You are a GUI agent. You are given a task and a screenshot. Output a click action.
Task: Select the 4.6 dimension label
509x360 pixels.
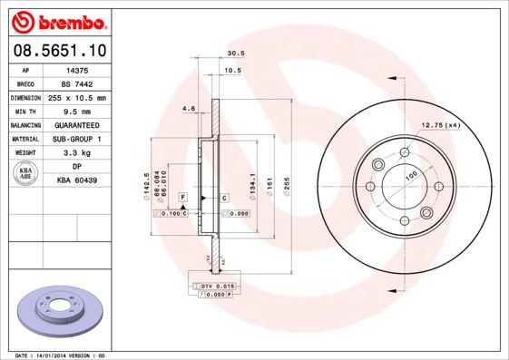(x=189, y=109)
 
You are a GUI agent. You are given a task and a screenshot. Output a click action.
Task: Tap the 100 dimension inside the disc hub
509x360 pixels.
(x=410, y=174)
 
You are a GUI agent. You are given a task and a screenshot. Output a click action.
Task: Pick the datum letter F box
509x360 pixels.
(x=182, y=197)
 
